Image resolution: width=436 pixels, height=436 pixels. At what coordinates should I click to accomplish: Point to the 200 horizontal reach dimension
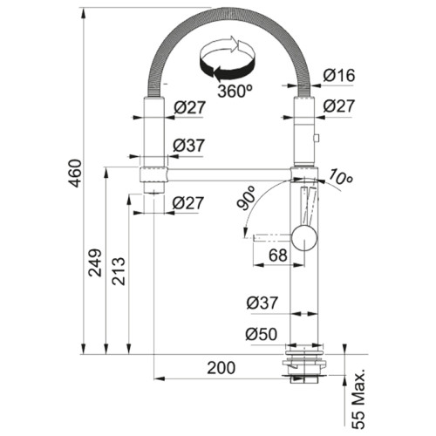click(221, 368)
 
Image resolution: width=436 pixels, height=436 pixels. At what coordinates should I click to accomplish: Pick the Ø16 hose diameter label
click(338, 76)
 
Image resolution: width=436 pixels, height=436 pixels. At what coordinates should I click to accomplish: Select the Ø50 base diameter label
click(261, 333)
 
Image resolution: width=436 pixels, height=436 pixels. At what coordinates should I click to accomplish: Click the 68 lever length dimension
click(277, 255)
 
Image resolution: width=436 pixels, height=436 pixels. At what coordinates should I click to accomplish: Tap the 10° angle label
click(340, 179)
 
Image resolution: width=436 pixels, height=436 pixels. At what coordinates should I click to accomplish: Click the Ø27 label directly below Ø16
click(338, 106)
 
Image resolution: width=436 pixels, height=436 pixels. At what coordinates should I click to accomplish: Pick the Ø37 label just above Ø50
click(261, 303)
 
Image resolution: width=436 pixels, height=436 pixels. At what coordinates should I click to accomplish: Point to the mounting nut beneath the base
click(303, 371)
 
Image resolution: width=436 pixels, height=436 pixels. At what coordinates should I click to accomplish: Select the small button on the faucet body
click(317, 137)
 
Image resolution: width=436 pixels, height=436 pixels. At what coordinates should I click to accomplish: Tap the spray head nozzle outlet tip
click(153, 189)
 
